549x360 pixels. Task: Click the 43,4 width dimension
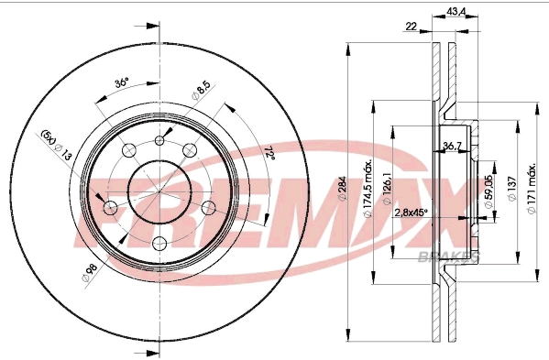(x=456, y=12)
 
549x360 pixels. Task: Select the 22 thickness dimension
(x=411, y=27)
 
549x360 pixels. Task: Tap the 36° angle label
(x=122, y=83)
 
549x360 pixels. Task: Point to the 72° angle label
(x=269, y=153)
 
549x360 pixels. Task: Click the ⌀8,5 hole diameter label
(x=202, y=91)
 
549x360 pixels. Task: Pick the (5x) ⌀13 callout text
(x=56, y=145)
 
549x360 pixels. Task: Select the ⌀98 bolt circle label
(x=89, y=273)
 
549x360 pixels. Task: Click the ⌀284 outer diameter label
(x=342, y=188)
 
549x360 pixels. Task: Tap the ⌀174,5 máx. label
(x=368, y=190)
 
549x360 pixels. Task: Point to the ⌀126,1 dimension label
(x=387, y=190)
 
